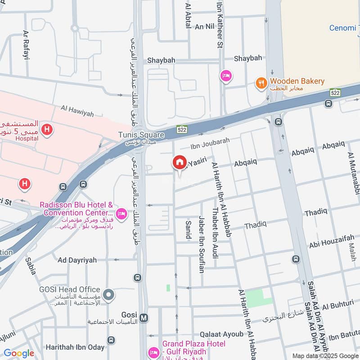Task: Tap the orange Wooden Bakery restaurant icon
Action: pyautogui.click(x=261, y=83)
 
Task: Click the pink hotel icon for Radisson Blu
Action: pyautogui.click(x=121, y=213)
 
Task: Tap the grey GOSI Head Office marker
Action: pyautogui.click(x=108, y=296)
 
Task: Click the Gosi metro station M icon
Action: pyautogui.click(x=144, y=318)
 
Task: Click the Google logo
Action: pyautogui.click(x=18, y=353)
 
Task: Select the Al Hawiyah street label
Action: pyautogui.click(x=77, y=111)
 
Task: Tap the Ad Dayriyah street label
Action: pyautogui.click(x=77, y=260)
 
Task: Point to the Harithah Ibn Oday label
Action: pyautogui.click(x=75, y=347)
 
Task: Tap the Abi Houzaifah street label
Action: pyautogui.click(x=331, y=243)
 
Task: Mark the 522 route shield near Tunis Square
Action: pyautogui.click(x=181, y=129)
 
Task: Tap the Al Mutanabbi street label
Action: pyautogui.click(x=352, y=174)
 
